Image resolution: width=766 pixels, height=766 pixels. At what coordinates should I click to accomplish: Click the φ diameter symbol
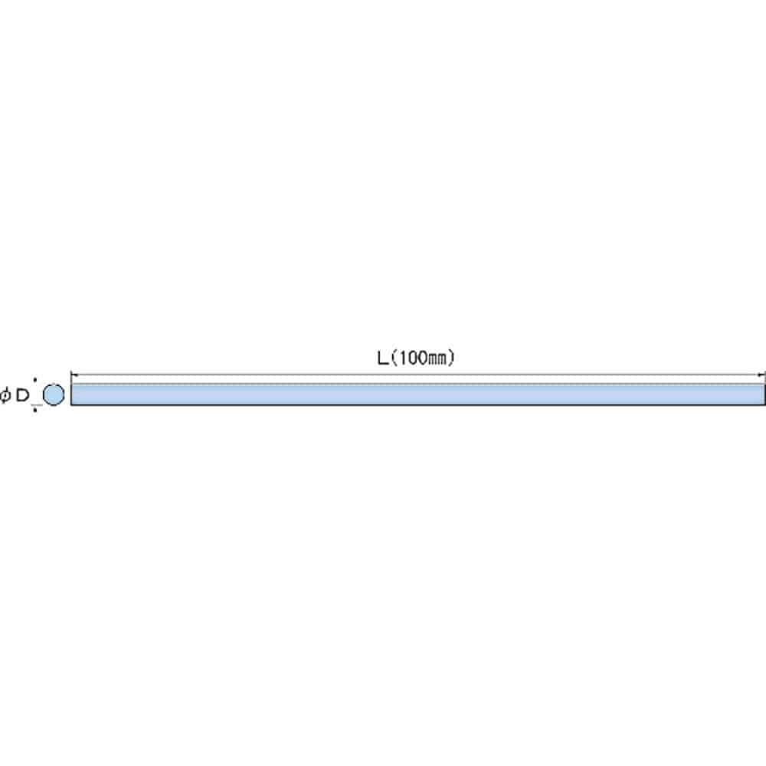5,394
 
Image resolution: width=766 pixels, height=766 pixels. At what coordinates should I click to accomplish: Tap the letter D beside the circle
22,395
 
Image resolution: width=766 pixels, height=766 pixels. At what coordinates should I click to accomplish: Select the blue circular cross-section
54,394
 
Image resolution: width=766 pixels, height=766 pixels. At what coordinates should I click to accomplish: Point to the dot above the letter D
34,379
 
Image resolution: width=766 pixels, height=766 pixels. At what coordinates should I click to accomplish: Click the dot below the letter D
34,411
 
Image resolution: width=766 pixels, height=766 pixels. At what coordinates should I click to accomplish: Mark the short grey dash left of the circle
37,405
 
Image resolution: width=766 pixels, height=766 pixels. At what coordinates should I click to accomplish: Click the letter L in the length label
383,358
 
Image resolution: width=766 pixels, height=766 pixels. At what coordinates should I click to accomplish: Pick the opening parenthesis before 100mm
394,358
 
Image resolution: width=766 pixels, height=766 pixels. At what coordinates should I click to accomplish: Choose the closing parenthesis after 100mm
451,358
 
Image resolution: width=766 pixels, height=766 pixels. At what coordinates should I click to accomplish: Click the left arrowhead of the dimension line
74,375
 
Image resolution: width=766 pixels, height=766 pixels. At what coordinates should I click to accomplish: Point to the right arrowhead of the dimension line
761,375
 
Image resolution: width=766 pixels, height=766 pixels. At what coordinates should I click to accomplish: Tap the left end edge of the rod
71,394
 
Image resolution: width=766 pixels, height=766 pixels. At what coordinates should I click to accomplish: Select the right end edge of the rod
764,394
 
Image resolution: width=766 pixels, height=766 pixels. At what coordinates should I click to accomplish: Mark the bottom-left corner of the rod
71,405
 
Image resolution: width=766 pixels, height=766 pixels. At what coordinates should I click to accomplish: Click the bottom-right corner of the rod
764,405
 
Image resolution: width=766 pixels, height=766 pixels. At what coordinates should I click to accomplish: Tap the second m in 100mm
442,359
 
